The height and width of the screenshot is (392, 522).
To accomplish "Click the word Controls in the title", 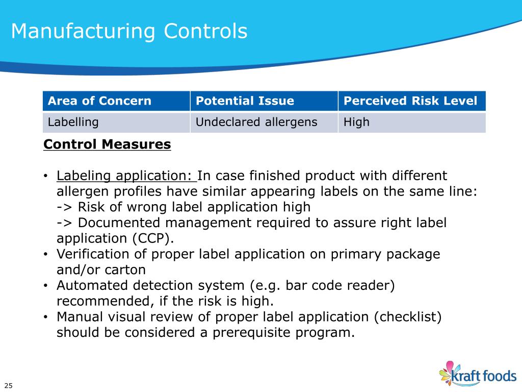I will click(205, 32).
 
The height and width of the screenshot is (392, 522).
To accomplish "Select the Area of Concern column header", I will click(99, 101).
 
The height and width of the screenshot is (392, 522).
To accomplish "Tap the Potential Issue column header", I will click(245, 101).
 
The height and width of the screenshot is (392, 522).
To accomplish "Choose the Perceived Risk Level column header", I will click(410, 101).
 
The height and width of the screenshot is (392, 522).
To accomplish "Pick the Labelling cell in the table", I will click(73, 122).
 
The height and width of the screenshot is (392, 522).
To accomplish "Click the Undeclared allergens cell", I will click(256, 122).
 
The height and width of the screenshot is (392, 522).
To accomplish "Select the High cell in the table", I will click(356, 122).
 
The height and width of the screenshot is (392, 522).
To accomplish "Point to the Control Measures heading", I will click(107, 144).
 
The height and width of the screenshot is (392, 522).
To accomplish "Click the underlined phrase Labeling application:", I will click(126, 176).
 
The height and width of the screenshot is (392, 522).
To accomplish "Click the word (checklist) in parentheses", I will click(407, 317).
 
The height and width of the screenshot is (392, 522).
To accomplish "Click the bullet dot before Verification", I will click(46, 255).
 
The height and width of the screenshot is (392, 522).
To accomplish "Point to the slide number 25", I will click(9, 385).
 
